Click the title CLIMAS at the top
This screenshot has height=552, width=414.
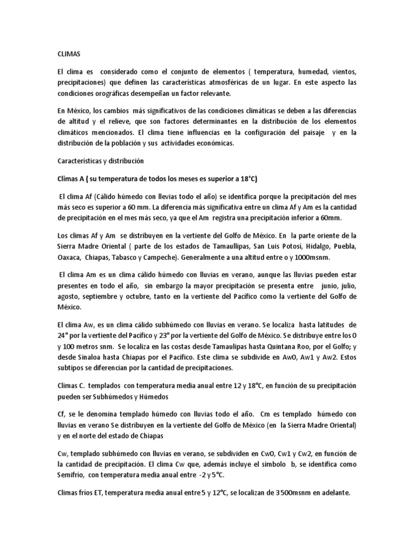point(69,54)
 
